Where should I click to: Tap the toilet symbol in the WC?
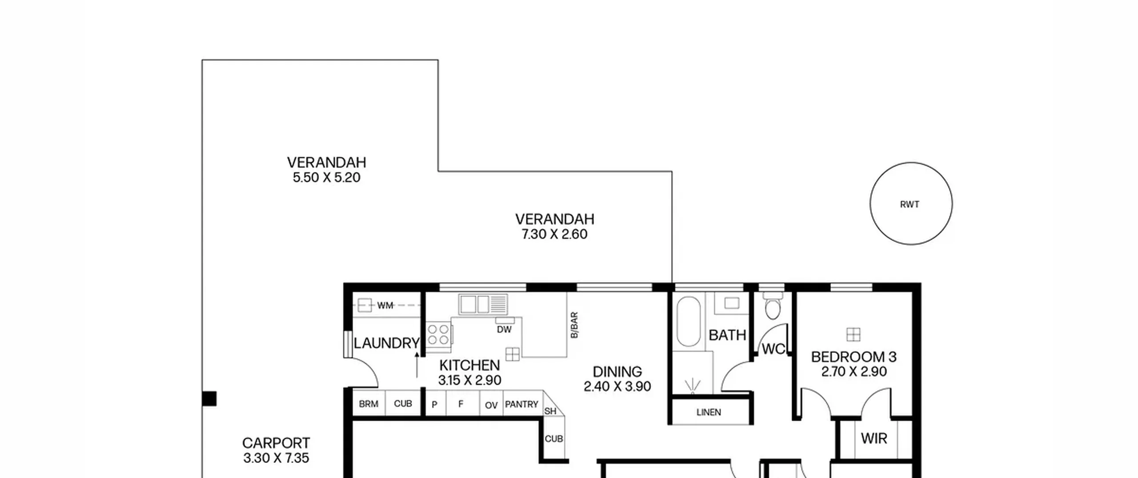(773, 306)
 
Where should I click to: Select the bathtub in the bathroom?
(689, 321)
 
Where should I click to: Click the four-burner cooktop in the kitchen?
(438, 334)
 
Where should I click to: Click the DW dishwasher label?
(504, 329)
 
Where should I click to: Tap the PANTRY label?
(521, 404)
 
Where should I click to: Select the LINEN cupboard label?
(709, 412)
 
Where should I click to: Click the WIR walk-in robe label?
(874, 438)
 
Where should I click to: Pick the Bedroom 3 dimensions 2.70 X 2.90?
(854, 371)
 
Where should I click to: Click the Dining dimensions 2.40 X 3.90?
(617, 386)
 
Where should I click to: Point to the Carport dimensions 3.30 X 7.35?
(276, 458)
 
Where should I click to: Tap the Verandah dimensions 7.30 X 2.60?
(554, 234)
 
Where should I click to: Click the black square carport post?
(209, 398)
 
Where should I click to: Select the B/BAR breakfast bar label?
(574, 325)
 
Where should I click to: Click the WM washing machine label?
(385, 305)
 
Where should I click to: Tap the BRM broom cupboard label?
(369, 404)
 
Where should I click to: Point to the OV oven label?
(491, 405)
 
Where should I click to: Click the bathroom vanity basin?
(731, 303)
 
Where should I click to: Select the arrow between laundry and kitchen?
(417, 365)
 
